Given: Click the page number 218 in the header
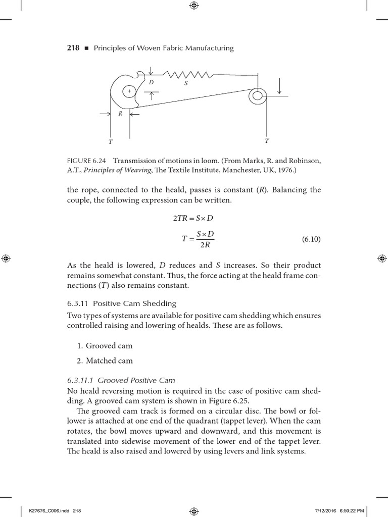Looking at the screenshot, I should pos(73,48).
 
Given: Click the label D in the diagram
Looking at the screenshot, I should pos(151,82).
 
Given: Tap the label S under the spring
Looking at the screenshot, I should pos(186,83).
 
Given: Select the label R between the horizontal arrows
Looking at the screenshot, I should pos(120,114).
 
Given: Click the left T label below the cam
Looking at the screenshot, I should pos(111,142).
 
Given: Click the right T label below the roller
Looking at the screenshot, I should pos(267,141).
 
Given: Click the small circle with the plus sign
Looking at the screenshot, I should pos(129,91).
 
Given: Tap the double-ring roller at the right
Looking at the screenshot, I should pos(257,95).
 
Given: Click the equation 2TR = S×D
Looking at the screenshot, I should pos(194,218).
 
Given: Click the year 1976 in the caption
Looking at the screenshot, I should pos(286,170).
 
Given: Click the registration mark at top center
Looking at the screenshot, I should pos(194,6).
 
